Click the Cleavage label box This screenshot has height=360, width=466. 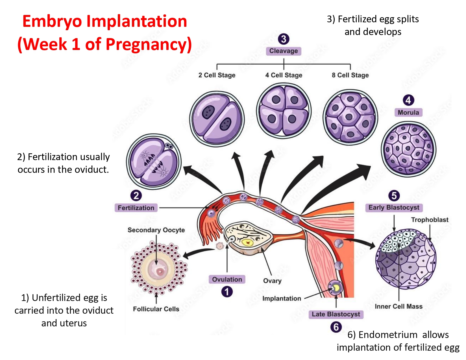pyautogui.click(x=283, y=51)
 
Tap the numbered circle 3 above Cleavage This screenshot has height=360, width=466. pyautogui.click(x=284, y=39)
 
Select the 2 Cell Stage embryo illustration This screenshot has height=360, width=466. pyautogui.click(x=217, y=119)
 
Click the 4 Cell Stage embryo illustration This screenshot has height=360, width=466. pyautogui.click(x=284, y=111)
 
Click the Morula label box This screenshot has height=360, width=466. pyautogui.click(x=408, y=112)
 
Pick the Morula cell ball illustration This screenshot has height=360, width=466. pyautogui.click(x=408, y=149)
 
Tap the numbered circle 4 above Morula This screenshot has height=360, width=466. pyautogui.click(x=408, y=100)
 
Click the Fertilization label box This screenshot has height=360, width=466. pyautogui.click(x=136, y=208)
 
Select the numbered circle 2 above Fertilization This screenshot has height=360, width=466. pyautogui.click(x=136, y=195)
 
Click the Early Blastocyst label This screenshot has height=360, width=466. pyautogui.click(x=394, y=208)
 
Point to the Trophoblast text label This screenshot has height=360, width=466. pyautogui.click(x=429, y=220)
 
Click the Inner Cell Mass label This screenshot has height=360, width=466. pyautogui.click(x=398, y=306)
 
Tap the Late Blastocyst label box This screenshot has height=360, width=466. pyautogui.click(x=336, y=314)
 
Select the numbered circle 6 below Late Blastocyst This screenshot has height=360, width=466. pyautogui.click(x=336, y=327)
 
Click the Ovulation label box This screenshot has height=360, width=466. pyautogui.click(x=227, y=279)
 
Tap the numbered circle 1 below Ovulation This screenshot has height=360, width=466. pyautogui.click(x=227, y=292)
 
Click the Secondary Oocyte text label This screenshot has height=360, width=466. pyautogui.click(x=156, y=230)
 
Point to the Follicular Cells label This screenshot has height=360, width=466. pyautogui.click(x=156, y=309)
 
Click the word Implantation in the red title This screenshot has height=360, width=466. pyautogui.click(x=137, y=21)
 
